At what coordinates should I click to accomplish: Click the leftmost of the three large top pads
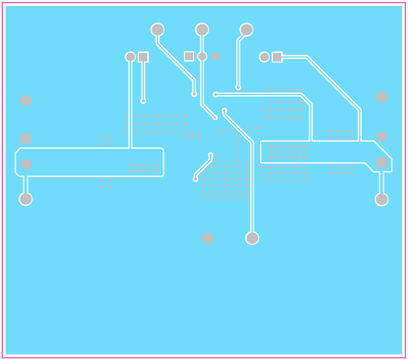pos(157,29)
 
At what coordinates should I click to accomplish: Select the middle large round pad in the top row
pos(202,29)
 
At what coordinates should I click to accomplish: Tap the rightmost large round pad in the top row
pos(247,29)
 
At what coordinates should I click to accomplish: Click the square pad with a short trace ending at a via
pos(143,57)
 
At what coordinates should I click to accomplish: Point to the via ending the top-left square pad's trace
pos(143,101)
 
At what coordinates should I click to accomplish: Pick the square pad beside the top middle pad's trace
pos(189,56)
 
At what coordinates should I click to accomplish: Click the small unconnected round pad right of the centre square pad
pos(215,57)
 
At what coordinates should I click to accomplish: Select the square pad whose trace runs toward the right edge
pos(277,57)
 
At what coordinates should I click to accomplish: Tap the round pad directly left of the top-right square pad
pos(264,57)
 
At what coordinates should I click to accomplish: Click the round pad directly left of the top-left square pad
pos(130,57)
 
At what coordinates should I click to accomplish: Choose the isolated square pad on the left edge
pos(26,138)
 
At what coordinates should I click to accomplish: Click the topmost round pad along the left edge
pos(26,101)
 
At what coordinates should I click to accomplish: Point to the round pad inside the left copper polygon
pos(26,164)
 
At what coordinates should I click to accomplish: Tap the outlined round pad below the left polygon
pos(26,199)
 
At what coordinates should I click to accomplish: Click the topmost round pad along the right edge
pos(382,97)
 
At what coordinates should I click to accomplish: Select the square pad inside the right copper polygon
pos(382,163)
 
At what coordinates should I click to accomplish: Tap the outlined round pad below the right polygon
pos(382,199)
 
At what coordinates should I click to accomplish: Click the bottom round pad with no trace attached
pos(208,238)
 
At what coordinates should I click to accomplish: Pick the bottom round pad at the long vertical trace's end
pos(252,238)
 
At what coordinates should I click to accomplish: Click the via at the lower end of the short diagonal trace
pos(195,179)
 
